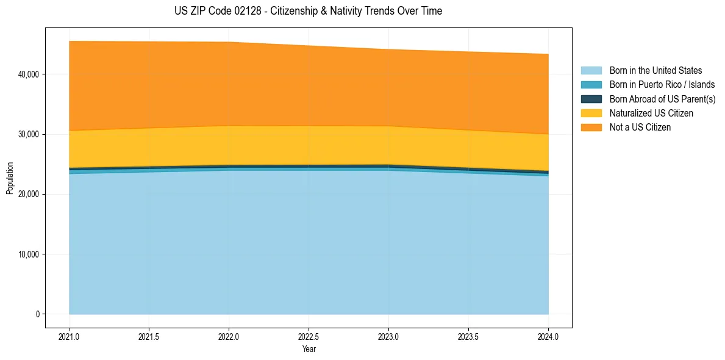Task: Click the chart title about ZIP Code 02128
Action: click(309, 11)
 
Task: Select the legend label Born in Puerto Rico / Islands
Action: click(662, 85)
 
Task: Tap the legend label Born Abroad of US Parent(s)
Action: click(662, 99)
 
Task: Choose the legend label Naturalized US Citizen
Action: click(651, 113)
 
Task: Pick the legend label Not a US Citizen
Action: click(640, 128)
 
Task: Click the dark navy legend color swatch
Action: click(591, 99)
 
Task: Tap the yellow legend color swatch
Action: click(591, 113)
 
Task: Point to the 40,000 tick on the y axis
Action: click(28, 74)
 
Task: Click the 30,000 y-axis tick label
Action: click(28, 134)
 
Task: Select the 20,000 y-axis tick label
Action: click(28, 194)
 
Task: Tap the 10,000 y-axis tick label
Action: click(28, 254)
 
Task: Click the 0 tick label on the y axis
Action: click(37, 314)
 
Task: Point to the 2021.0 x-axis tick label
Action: click(70, 336)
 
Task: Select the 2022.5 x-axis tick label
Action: click(309, 336)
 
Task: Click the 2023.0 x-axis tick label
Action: click(388, 336)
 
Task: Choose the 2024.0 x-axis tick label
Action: click(548, 336)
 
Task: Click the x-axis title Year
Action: click(309, 349)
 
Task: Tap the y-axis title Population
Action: click(10, 178)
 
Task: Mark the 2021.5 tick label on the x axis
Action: click(149, 336)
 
